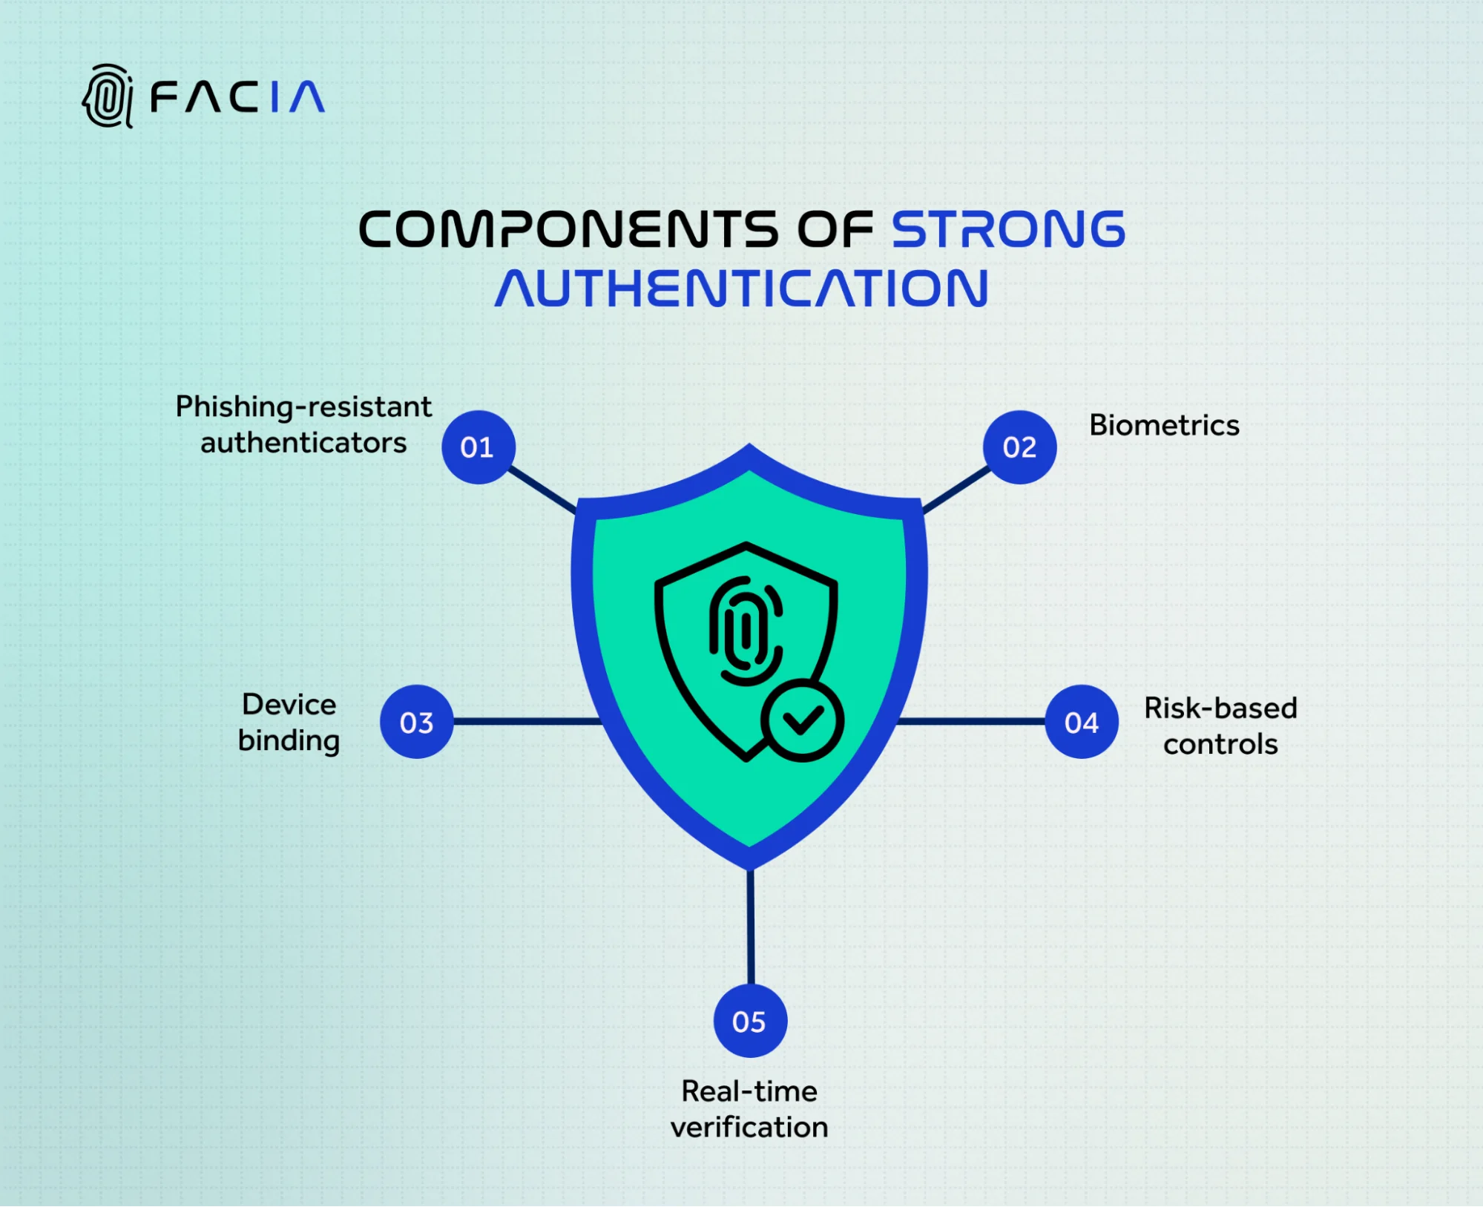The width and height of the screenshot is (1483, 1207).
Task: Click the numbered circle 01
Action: coord(478,447)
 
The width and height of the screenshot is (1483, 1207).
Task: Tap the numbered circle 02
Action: coord(1019,447)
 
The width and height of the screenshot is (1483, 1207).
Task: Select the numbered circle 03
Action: coord(416,722)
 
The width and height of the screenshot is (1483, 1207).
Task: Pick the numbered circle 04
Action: coord(1081,722)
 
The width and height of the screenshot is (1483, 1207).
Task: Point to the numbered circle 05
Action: coord(749,1021)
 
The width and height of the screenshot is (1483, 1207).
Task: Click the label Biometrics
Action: coord(1164,426)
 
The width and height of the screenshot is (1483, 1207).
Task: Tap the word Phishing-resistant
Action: coord(303,407)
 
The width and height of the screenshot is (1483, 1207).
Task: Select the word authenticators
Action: coord(303,443)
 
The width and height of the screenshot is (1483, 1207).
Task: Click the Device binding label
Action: coord(289,722)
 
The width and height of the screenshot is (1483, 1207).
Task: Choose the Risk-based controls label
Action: coord(1220,726)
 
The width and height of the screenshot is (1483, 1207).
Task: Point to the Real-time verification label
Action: coord(749,1109)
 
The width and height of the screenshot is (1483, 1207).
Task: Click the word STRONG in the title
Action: coord(1008,229)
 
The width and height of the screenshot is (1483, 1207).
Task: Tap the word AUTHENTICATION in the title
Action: coord(742,289)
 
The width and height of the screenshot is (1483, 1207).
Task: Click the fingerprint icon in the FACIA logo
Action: coord(108,96)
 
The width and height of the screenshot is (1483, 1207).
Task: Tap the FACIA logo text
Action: coord(237,97)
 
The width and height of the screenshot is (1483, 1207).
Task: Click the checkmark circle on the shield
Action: coord(802,720)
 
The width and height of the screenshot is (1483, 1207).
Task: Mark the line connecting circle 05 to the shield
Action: coord(750,927)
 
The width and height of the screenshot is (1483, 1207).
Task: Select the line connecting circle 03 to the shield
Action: coord(527,721)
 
